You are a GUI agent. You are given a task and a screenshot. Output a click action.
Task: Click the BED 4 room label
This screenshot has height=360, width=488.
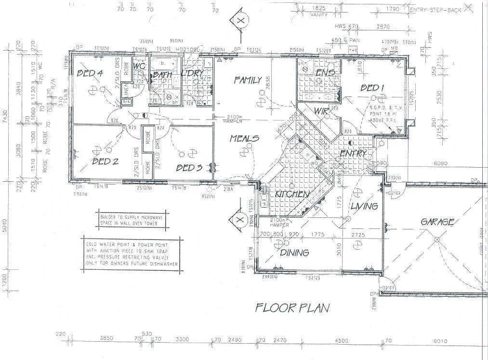click(90, 73)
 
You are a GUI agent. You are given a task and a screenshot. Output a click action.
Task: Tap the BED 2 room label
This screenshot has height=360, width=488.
click(105, 161)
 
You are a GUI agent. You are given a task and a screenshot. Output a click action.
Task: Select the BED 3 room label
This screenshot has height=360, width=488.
click(189, 168)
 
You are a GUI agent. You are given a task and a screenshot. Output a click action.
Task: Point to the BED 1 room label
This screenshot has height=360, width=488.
click(372, 88)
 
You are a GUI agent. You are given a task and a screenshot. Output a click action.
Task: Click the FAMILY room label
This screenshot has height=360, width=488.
click(248, 80)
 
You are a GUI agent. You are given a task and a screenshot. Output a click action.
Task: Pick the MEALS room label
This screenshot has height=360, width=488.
click(244, 138)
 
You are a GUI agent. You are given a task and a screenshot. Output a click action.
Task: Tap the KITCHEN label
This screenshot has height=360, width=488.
click(292, 194)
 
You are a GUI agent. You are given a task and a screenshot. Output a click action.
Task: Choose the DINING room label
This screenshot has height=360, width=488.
click(294, 253)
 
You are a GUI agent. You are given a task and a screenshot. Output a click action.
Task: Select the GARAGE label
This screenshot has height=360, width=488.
click(437, 222)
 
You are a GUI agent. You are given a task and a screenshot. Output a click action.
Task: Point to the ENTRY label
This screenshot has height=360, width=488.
click(354, 153)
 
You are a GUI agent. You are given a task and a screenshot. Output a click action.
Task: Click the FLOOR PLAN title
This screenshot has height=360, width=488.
click(292, 307)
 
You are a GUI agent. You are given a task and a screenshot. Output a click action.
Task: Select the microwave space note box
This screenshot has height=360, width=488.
click(132, 220)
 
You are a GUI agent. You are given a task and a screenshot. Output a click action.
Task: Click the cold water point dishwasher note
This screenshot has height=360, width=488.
click(132, 251)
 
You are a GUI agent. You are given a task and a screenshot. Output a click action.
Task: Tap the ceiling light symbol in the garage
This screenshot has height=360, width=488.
click(436, 239)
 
